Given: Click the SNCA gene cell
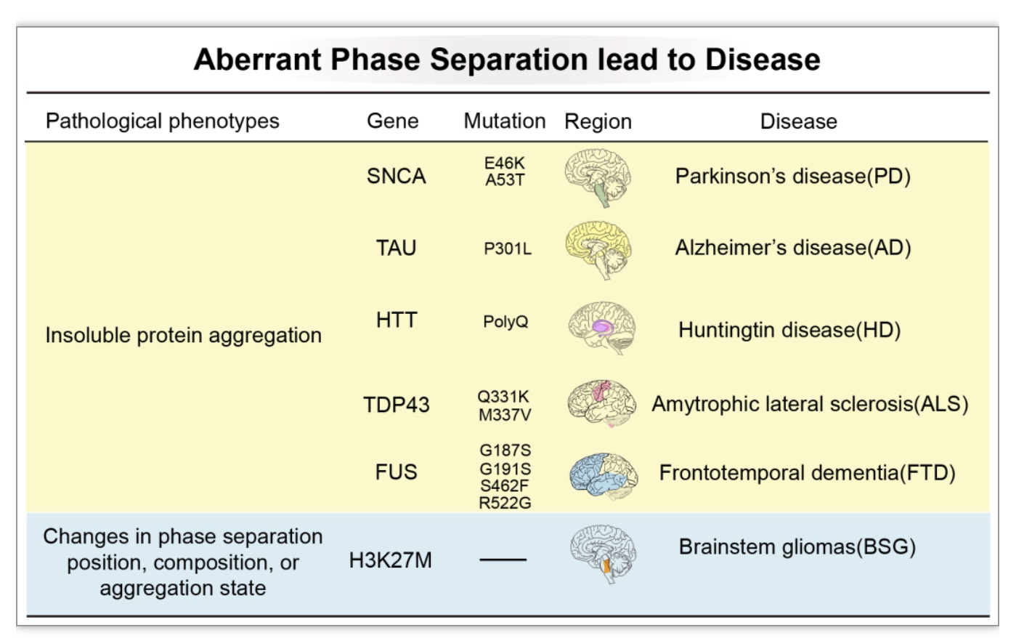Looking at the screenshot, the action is [x=396, y=176].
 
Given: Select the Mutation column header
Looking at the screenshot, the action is [x=505, y=121].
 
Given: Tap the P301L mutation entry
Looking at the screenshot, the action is [x=508, y=249].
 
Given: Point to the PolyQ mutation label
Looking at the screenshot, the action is [x=505, y=321].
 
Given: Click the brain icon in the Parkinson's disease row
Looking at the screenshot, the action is [x=598, y=177].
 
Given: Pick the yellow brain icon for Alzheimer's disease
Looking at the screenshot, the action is [x=598, y=250].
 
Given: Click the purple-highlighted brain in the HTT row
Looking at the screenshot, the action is [x=602, y=328].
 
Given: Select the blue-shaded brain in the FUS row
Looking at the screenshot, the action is [x=604, y=476].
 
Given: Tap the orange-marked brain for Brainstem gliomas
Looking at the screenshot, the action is [x=604, y=554].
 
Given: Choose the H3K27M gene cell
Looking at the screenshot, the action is [x=391, y=560].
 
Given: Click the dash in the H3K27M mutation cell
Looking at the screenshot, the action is [x=503, y=560].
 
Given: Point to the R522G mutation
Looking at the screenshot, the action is [x=505, y=503].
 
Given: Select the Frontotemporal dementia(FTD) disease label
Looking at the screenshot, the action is [x=808, y=473].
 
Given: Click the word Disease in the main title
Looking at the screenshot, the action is [x=763, y=60].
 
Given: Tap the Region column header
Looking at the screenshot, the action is [x=598, y=122].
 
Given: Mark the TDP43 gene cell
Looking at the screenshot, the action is [x=397, y=405].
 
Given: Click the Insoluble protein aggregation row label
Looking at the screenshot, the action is [x=183, y=336].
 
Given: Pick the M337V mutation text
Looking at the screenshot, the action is [x=505, y=415].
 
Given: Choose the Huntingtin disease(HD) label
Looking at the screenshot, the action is [x=789, y=330].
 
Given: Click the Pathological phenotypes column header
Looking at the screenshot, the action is [x=162, y=121].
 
